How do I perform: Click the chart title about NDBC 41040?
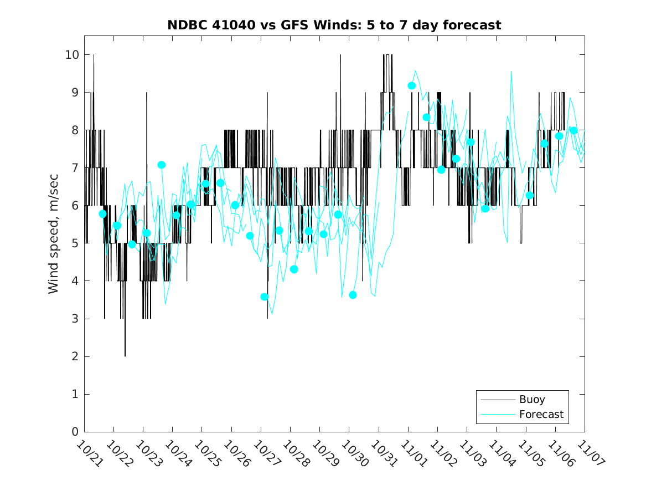[x=334, y=25]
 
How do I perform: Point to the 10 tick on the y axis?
[x=73, y=55]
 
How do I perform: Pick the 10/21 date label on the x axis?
[x=87, y=453]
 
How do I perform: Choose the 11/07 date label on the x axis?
[x=587, y=453]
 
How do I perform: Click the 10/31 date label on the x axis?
[x=381, y=453]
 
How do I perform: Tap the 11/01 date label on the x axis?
[x=411, y=453]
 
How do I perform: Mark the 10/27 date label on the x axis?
[x=263, y=453]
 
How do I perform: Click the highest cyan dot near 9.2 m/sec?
[x=412, y=85]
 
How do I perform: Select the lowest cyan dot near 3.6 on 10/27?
[x=265, y=297]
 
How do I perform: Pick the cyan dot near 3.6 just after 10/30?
[x=353, y=295]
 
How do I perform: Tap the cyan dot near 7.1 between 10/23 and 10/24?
[x=162, y=165]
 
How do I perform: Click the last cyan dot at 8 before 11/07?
[x=573, y=130]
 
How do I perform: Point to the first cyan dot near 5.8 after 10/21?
[x=102, y=214]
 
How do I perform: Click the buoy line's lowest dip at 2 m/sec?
[x=125, y=356]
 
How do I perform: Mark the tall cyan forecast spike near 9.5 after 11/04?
[x=511, y=72]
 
